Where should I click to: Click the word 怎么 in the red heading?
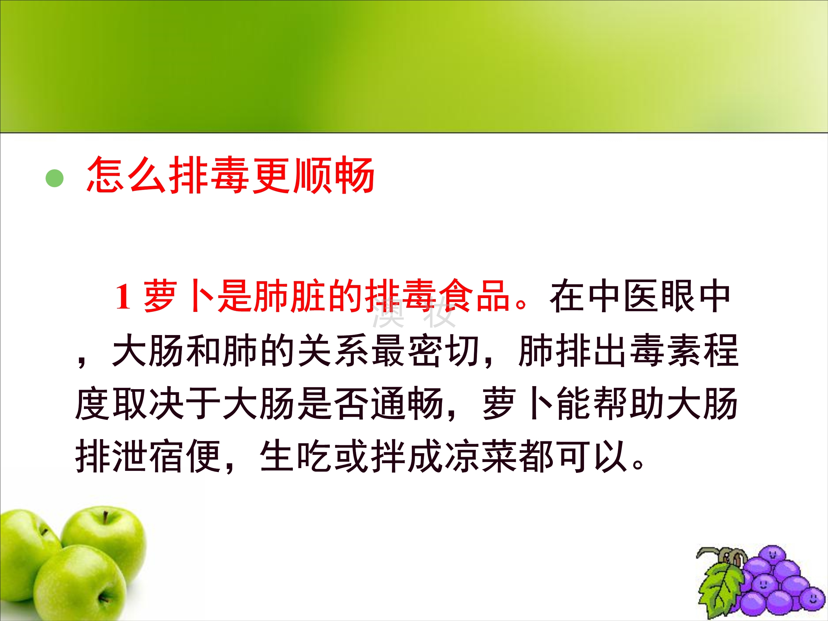[x=126, y=175]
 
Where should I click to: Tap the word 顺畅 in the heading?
[x=334, y=175]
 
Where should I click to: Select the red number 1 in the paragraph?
[x=123, y=296]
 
